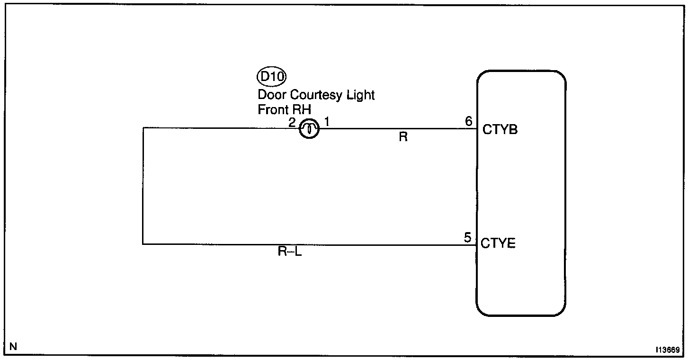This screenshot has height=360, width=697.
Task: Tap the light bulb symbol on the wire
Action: click(x=309, y=128)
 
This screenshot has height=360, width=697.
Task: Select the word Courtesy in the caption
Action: click(x=316, y=95)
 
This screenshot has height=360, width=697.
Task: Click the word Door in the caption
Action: click(x=270, y=95)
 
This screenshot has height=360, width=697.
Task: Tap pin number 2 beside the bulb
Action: click(x=292, y=122)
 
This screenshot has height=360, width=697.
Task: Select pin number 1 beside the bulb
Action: click(x=327, y=122)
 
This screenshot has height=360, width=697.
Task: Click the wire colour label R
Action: click(x=403, y=137)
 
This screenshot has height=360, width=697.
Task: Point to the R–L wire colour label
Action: click(x=290, y=252)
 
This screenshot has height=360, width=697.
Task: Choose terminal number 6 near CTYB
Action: click(x=468, y=122)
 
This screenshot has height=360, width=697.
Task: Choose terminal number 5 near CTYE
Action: click(x=468, y=238)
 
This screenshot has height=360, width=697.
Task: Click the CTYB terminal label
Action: click(x=500, y=130)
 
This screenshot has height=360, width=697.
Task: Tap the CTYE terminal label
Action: click(x=498, y=244)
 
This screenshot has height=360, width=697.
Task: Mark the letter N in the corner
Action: click(x=13, y=346)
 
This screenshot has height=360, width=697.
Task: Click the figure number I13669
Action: click(x=668, y=350)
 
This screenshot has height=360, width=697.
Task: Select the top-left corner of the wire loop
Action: click(x=143, y=128)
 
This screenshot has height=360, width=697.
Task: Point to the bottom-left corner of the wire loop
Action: click(x=143, y=244)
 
